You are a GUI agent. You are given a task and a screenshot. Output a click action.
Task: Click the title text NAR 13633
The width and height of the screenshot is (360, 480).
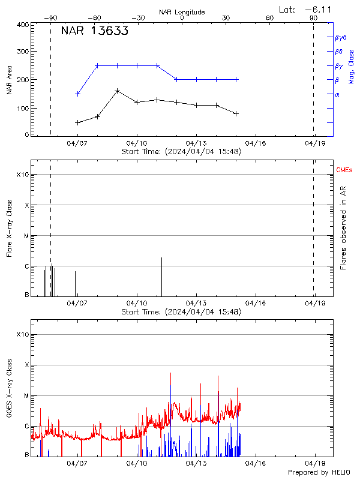point(94,32)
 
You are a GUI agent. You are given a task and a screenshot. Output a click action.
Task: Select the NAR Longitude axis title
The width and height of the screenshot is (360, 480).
point(182,12)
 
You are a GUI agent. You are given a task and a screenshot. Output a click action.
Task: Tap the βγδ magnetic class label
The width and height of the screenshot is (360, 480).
point(341,37)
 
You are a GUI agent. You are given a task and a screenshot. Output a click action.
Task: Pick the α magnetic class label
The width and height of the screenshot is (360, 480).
point(337,94)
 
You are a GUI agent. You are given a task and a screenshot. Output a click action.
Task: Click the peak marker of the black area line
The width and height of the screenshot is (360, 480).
point(117,91)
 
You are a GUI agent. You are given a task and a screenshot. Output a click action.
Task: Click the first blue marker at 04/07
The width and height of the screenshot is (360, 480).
point(77,94)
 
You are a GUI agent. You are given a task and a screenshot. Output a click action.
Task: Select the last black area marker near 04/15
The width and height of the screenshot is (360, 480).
point(236,113)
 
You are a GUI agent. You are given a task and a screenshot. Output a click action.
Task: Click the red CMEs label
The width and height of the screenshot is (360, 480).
point(345,171)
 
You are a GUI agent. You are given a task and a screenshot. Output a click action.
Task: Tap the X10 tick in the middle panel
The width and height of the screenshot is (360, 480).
point(23,175)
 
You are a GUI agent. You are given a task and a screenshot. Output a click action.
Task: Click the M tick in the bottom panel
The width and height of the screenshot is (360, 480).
point(26,396)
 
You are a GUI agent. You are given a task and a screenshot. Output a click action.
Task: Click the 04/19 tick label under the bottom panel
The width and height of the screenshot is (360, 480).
point(316,464)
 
